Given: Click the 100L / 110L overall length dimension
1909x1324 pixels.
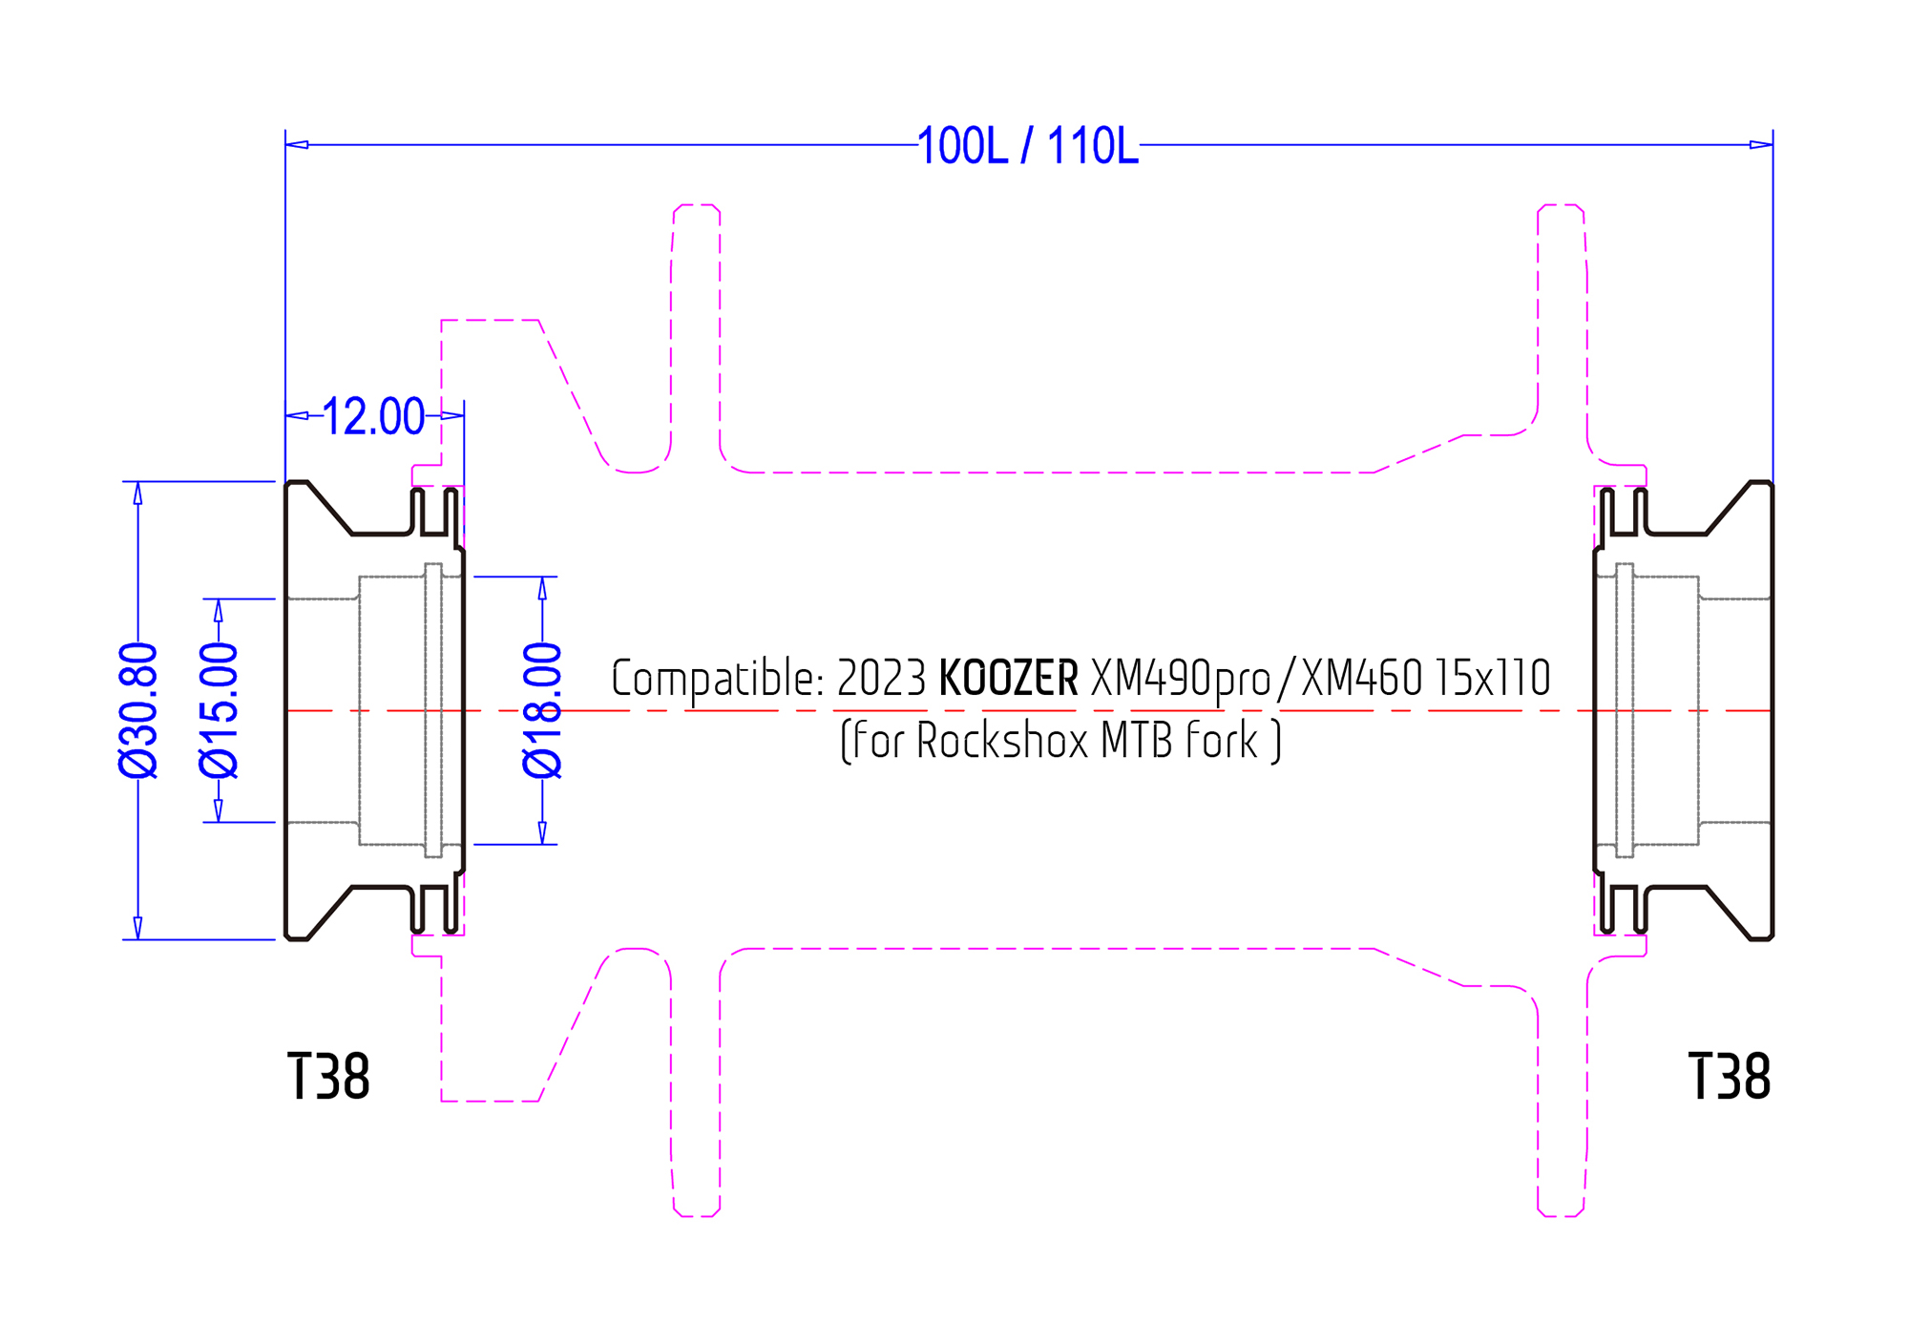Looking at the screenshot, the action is [x=1028, y=146].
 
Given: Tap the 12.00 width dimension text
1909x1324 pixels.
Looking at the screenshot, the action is [x=373, y=416].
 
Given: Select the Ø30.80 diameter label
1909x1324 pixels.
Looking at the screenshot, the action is [x=138, y=710].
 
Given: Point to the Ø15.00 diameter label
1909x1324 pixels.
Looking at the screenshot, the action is [x=219, y=710].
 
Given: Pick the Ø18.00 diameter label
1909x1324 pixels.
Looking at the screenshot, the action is [x=543, y=710].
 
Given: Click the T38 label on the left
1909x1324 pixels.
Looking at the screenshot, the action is [x=328, y=1077].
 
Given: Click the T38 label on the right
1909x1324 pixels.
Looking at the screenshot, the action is [x=1729, y=1077].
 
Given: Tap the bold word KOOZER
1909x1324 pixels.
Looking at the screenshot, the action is [x=1009, y=679].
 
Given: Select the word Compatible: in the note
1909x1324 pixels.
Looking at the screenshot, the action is [x=718, y=680].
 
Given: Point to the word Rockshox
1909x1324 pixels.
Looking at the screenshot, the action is [x=1002, y=741].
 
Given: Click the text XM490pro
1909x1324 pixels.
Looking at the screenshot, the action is [x=1181, y=680].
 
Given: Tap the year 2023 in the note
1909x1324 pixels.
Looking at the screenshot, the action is [x=881, y=679].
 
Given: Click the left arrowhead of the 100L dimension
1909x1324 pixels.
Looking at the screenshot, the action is [x=297, y=145].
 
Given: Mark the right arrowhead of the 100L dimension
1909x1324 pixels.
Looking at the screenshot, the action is [x=1761, y=145].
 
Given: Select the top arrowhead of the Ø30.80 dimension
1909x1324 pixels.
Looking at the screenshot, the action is [x=138, y=494].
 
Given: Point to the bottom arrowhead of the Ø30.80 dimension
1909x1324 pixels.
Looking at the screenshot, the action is [x=138, y=928].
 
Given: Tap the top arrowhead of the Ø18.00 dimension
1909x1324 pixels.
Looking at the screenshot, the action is [x=543, y=589].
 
